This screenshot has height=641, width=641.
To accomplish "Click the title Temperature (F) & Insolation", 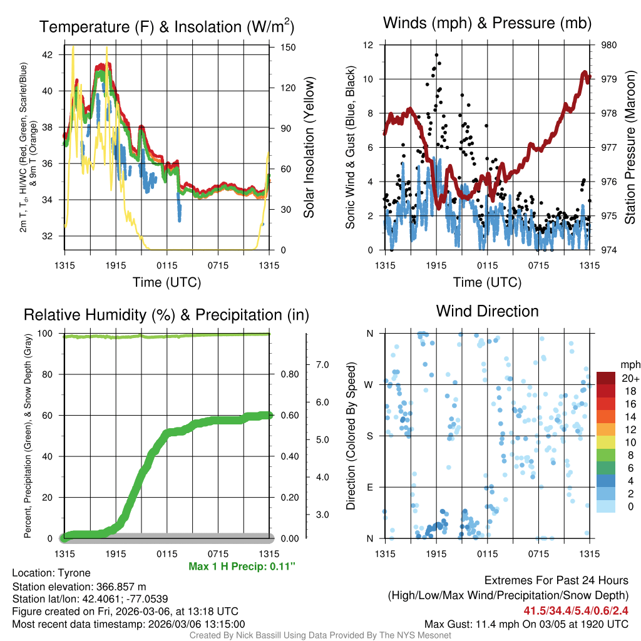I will click(167, 27).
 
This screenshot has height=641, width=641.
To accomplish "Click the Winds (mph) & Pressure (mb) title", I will click(488, 23).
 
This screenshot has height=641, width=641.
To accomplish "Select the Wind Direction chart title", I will click(487, 311).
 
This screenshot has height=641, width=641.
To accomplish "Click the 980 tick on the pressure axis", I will click(609, 45).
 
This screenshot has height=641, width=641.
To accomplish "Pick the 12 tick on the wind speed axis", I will click(368, 45).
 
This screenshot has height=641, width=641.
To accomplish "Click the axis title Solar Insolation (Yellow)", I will click(309, 148).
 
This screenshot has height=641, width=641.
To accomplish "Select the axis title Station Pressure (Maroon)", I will click(630, 148).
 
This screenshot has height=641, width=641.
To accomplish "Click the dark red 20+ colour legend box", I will click(606, 378).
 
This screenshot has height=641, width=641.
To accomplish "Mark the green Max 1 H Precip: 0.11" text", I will click(242, 567).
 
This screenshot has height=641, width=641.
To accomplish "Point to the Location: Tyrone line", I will click(51, 573).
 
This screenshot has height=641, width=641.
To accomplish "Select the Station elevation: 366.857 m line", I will click(79, 587).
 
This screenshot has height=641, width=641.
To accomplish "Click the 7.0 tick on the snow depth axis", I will click(321, 364).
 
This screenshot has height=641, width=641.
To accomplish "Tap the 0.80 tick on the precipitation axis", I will click(288, 374).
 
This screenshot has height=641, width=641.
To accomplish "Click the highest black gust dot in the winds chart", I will click(436, 55).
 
